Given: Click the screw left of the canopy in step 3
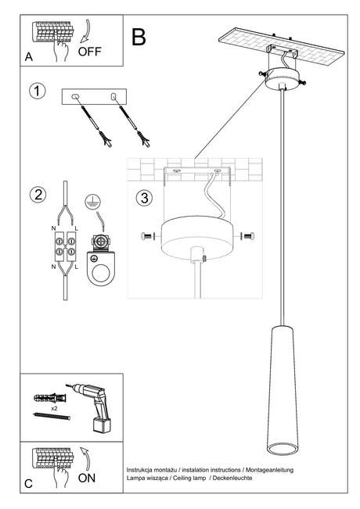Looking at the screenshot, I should point(146,236).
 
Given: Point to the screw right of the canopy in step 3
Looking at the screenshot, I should point(248,235).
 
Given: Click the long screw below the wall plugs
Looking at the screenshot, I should point(50,419).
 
